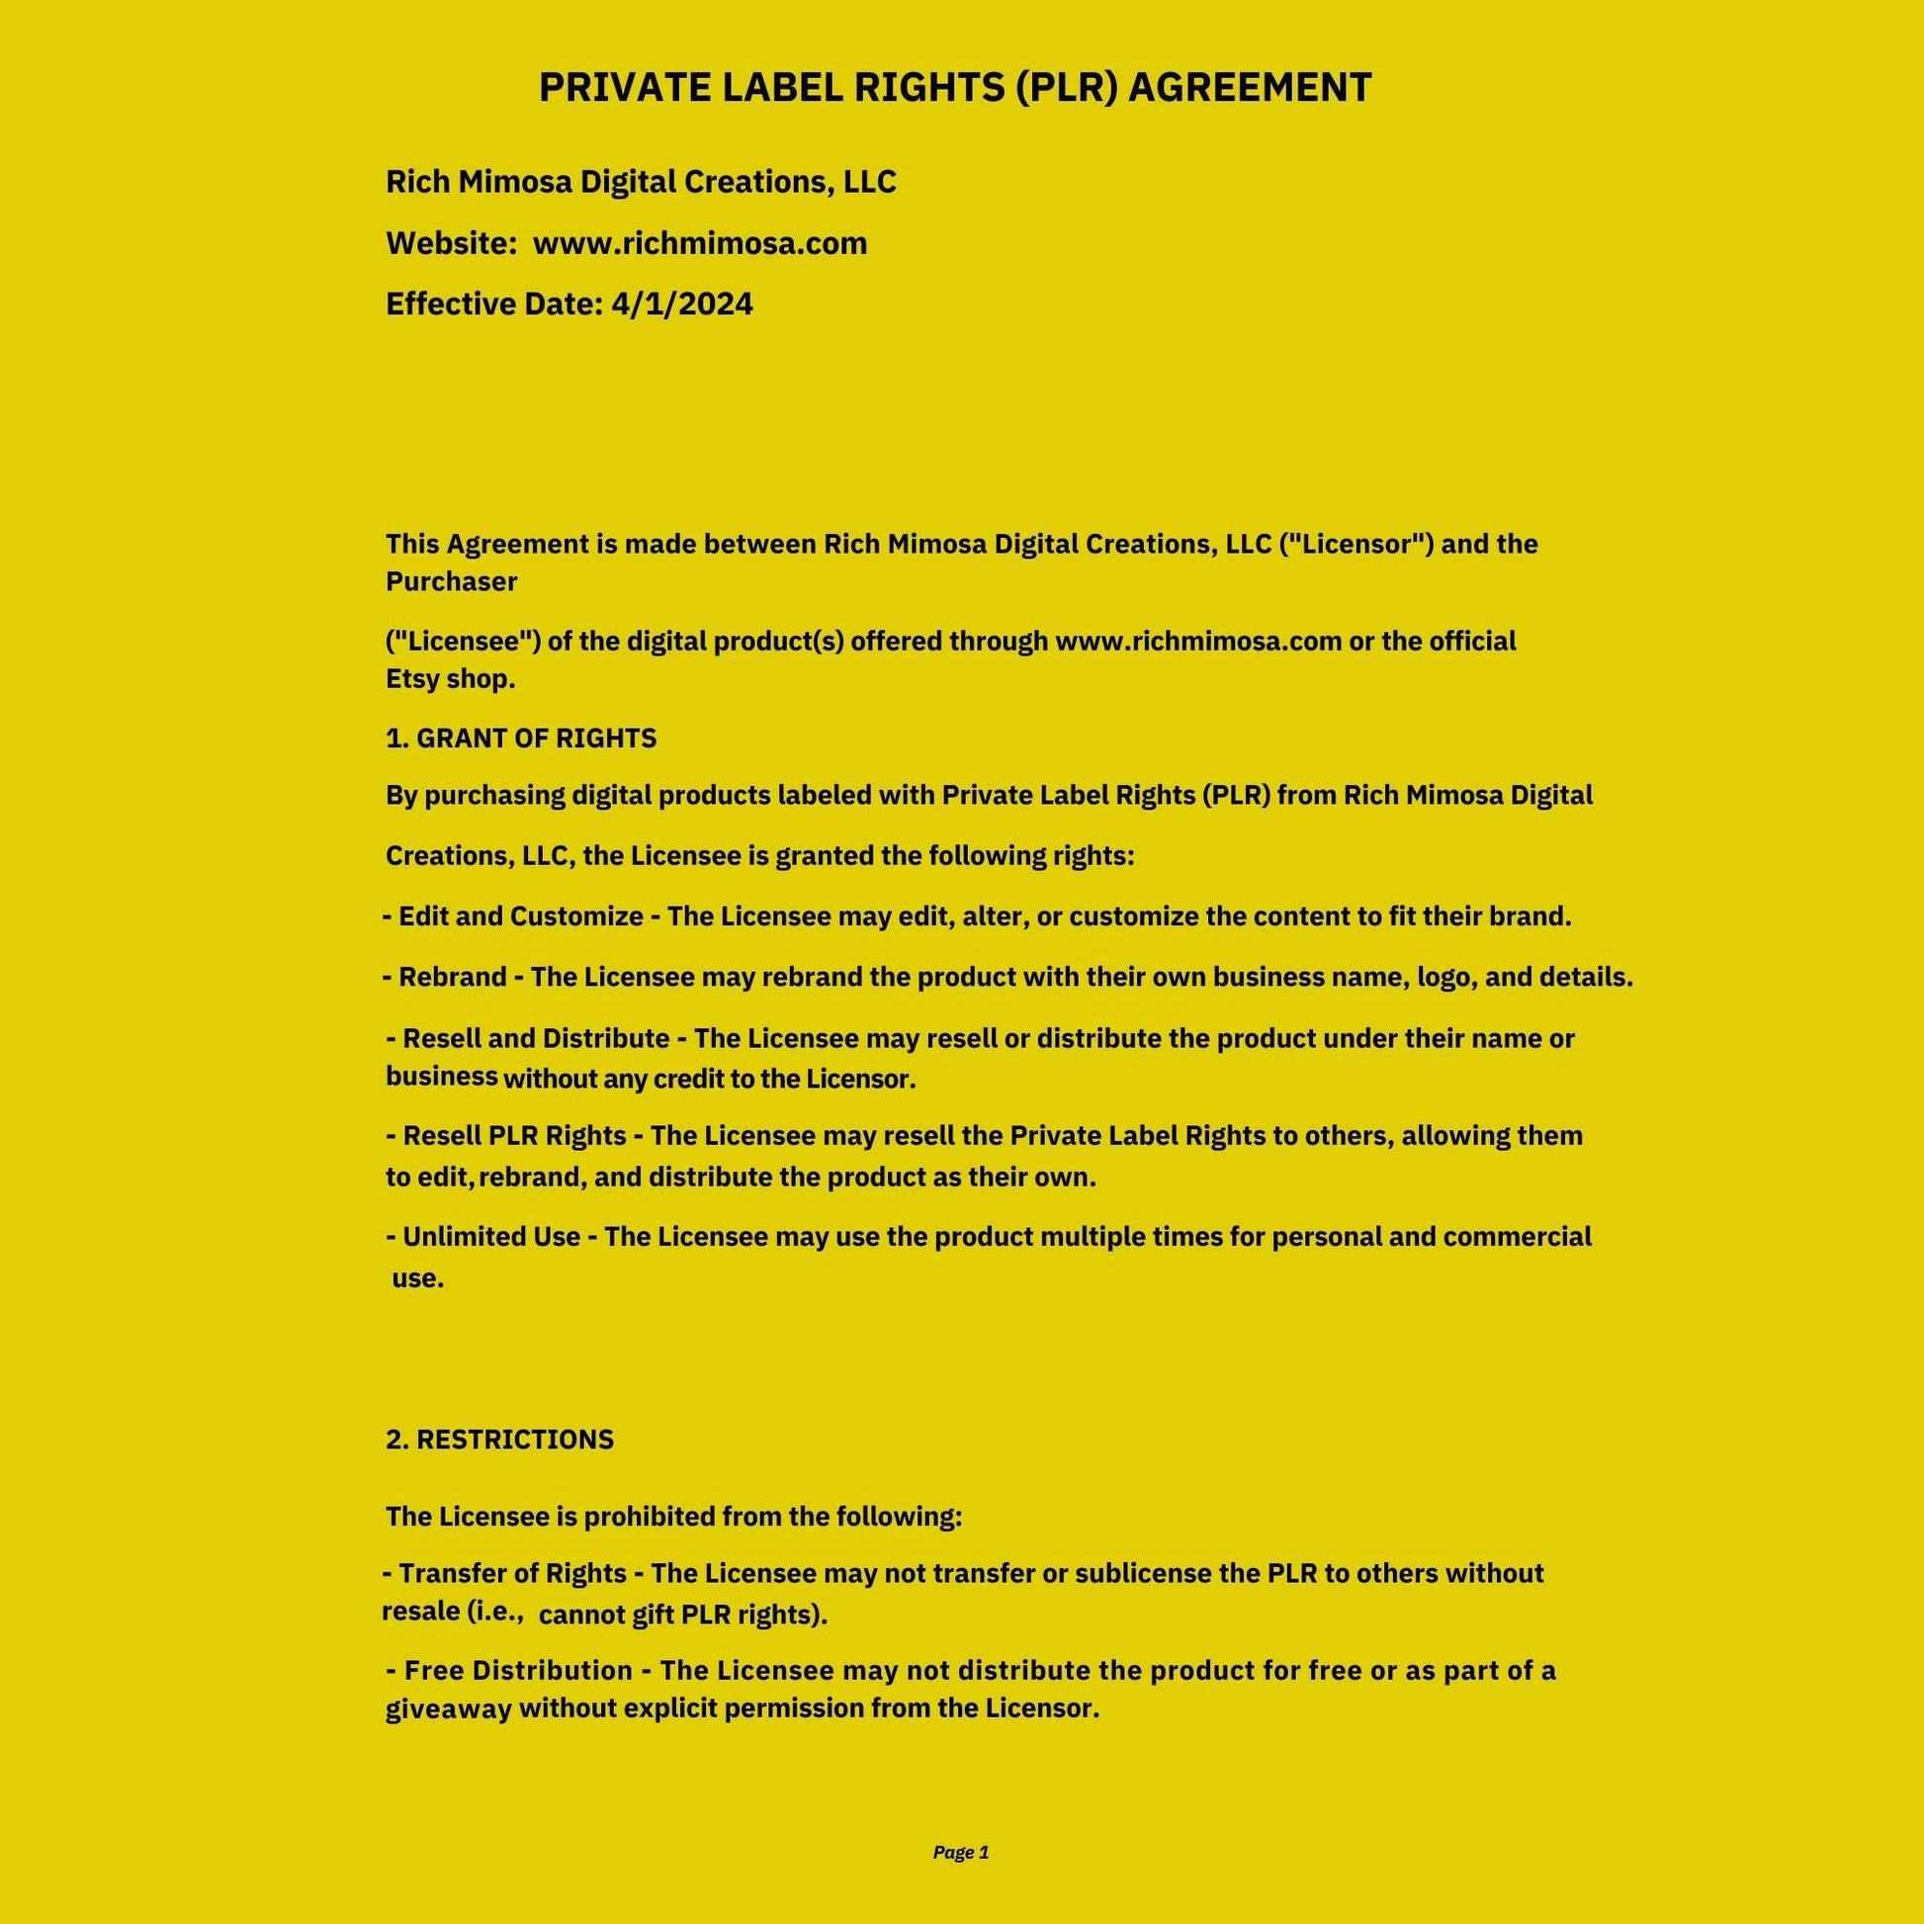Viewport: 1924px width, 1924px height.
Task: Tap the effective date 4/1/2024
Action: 682,304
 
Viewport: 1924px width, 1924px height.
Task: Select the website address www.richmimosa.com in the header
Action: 700,243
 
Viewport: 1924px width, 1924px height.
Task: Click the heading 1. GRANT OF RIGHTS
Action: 521,738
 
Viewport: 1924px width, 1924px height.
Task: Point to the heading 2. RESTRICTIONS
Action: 500,1439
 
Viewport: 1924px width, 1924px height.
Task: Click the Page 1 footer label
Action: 961,1851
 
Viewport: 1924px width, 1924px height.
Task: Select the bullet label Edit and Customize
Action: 521,917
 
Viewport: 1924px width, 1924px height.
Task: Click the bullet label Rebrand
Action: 452,977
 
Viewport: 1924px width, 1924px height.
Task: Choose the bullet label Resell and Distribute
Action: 536,1039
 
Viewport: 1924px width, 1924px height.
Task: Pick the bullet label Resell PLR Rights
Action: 514,1135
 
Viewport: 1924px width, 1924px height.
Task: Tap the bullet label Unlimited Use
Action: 491,1237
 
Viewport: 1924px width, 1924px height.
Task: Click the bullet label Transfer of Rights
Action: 512,1573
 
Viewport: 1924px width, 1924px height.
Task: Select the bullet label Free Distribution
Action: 518,1670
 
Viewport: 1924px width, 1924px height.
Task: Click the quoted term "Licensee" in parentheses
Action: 463,641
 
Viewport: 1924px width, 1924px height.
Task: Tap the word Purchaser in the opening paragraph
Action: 451,581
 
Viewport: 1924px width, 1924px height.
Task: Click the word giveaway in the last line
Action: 448,1708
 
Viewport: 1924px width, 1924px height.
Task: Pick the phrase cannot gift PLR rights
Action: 682,1615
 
